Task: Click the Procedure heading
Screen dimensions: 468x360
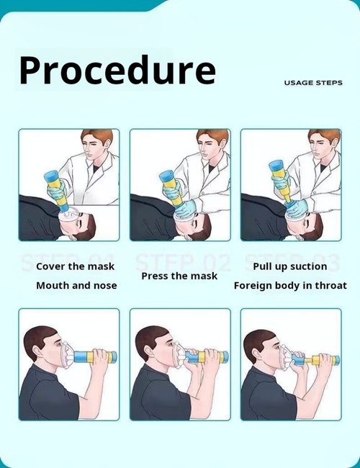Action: pos(117,71)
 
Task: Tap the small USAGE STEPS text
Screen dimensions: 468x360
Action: pos(312,83)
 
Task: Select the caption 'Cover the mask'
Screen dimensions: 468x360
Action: pos(76,266)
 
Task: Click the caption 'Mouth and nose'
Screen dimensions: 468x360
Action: pos(76,285)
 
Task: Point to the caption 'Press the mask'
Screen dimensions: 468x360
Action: pos(179,276)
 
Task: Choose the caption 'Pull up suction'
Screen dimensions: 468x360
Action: pos(290,266)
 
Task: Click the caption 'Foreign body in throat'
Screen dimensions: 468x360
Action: pos(290,285)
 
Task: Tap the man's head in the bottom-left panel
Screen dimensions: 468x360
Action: pos(42,345)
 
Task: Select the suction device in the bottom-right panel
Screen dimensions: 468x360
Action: pos(317,359)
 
